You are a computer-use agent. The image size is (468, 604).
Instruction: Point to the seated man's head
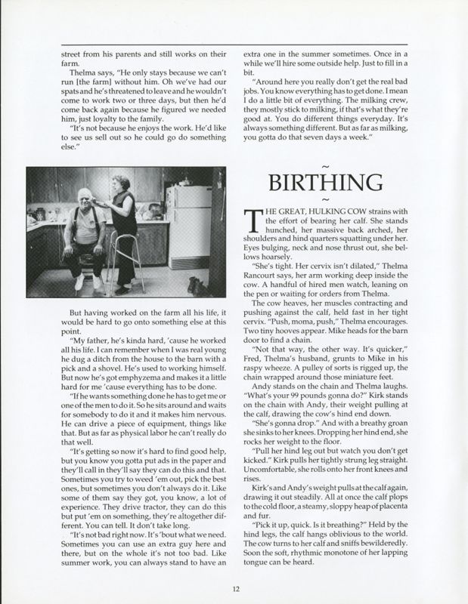(x=85, y=210)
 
